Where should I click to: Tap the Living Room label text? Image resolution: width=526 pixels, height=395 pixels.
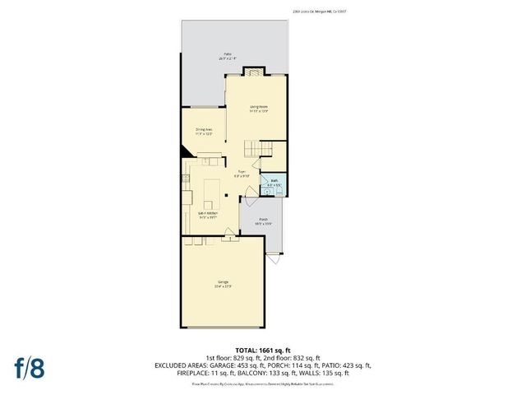tap(259, 108)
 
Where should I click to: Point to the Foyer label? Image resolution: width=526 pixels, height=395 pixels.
tap(241, 174)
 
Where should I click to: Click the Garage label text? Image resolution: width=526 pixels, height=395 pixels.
tap(224, 285)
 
